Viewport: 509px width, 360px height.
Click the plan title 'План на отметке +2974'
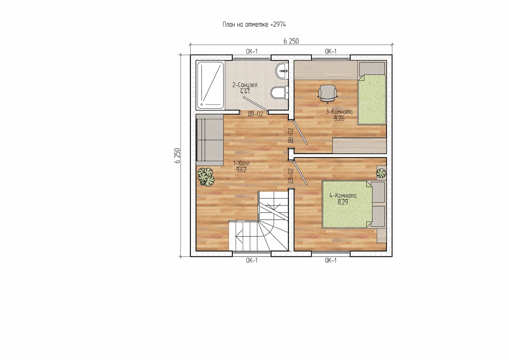click(254, 25)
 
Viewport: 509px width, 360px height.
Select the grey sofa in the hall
click(210, 140)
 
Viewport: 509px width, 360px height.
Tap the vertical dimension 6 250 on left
click(177, 155)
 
